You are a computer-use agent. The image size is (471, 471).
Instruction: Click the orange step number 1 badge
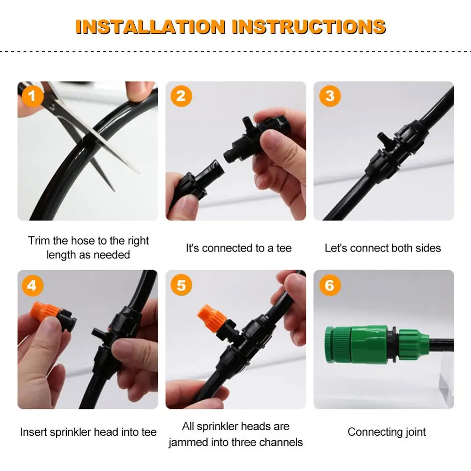pos(32,96)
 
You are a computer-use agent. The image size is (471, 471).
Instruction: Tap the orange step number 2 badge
pos(181,96)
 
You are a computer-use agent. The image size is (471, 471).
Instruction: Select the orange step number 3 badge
pos(330,96)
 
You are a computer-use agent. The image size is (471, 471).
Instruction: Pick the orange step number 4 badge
pos(32,285)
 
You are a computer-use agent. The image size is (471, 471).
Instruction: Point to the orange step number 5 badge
pos(181,285)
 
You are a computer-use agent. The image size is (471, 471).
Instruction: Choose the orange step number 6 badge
pos(330,285)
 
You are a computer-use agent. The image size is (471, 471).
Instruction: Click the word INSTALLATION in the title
pos(151,27)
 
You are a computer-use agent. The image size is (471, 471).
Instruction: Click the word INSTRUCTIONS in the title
pos(309,27)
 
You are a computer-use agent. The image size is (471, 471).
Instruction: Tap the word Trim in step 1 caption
pos(39,241)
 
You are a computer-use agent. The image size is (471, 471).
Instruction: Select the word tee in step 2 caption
pos(284,248)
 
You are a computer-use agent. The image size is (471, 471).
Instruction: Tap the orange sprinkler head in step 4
pos(45,311)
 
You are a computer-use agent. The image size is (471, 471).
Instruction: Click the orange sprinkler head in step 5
pos(211,318)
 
